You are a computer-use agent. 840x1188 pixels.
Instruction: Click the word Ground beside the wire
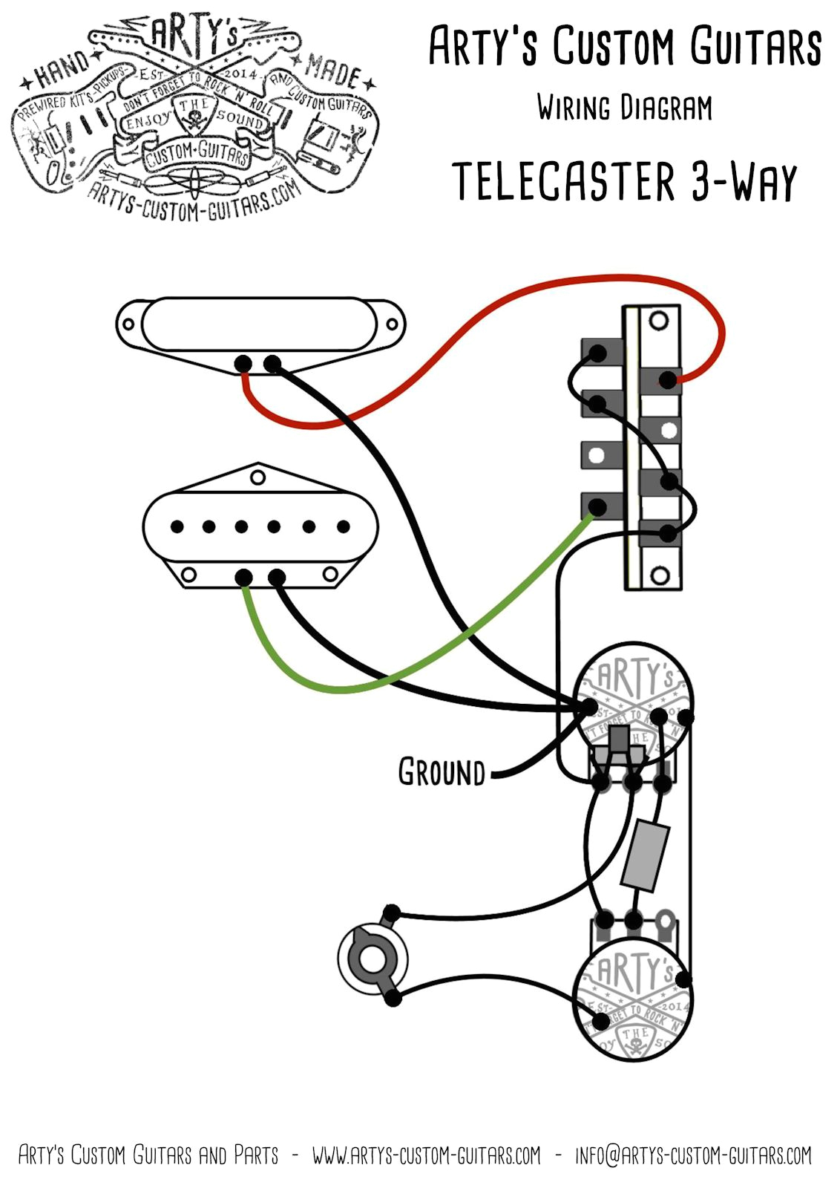441,772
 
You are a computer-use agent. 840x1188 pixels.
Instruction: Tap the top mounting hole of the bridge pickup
257,475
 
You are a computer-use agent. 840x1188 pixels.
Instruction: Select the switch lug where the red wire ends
668,381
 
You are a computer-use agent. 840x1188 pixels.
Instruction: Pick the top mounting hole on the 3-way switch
657,321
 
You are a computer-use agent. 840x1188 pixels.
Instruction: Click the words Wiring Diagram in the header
625,108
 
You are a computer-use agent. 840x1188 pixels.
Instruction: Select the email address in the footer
694,1155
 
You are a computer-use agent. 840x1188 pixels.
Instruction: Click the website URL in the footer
426,1155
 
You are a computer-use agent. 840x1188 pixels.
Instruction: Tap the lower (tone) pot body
634,999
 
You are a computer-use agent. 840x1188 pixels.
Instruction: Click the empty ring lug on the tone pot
666,926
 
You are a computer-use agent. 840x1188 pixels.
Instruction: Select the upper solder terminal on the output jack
390,913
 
